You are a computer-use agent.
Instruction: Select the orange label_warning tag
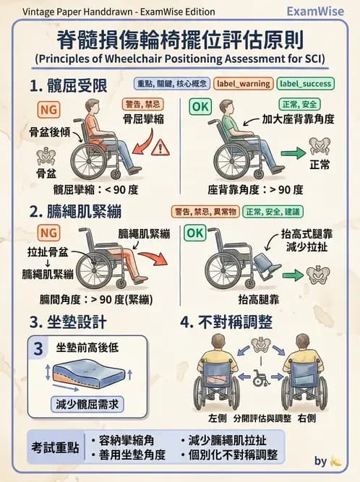[242, 83]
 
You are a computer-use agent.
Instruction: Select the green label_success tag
[304, 83]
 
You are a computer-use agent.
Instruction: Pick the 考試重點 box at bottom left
[53, 447]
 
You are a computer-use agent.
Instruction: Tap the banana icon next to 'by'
[335, 460]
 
